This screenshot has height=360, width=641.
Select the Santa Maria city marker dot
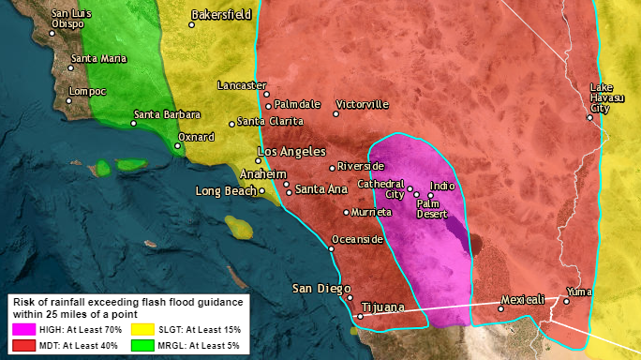71,67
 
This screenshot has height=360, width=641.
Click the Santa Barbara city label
170,114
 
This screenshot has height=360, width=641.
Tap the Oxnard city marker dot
179,145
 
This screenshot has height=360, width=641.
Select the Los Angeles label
291,151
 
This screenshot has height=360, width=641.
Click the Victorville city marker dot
335,113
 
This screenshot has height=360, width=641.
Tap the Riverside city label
361,166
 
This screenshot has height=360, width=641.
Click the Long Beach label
225,191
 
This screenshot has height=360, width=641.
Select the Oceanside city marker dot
333,248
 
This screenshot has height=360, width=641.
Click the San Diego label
319,288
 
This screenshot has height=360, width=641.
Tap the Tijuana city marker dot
360,316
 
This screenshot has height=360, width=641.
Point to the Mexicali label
522,300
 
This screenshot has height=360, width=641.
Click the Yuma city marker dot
566,301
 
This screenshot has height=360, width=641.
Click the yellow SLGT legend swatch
143,330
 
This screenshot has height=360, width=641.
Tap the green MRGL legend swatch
143,346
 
